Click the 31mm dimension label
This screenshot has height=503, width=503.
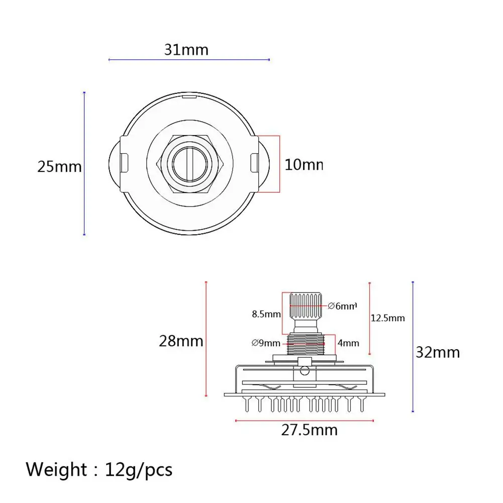coord(186,50)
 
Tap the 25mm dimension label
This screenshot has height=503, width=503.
coord(59,166)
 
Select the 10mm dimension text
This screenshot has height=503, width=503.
coord(303,164)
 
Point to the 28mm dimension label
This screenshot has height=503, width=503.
coord(181,341)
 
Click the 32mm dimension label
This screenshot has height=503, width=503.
coord(438,352)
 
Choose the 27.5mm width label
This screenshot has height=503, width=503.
coord(309,430)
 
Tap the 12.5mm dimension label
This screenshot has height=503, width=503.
coord(387,318)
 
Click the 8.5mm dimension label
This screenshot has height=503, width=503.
coord(266,315)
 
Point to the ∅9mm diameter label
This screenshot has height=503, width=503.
coord(265,343)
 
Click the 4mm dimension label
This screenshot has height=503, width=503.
coord(348,343)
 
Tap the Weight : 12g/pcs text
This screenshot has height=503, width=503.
coord(99,470)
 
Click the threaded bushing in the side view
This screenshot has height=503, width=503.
coord(306,344)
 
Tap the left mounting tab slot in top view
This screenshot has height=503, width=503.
coord(123,163)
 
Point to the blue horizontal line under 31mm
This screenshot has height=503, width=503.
coord(189,60)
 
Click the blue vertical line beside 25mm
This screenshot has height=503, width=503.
coord(84,163)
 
